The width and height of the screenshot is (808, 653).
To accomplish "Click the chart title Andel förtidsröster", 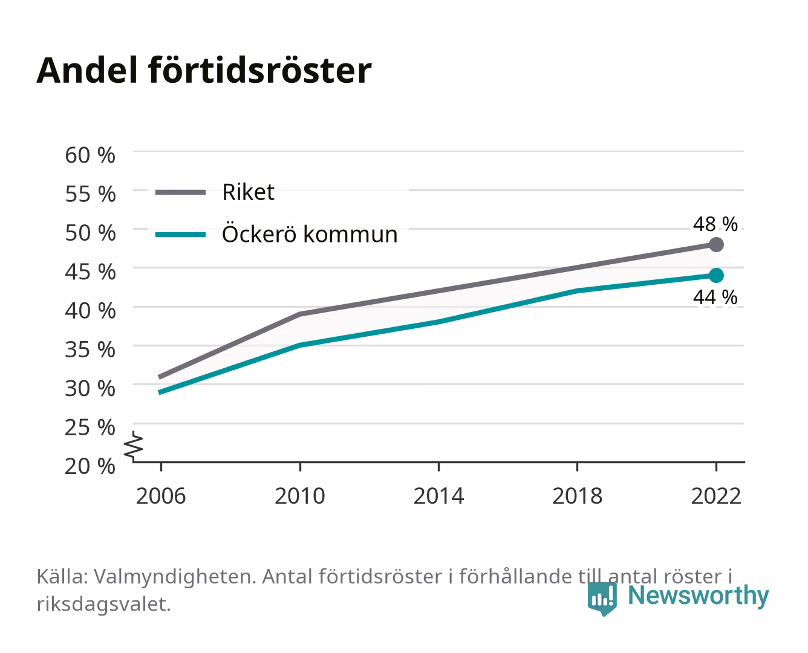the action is [204, 71].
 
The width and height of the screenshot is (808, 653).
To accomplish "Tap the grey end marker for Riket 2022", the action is [716, 245].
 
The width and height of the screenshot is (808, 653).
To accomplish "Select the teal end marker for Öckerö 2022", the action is [716, 275].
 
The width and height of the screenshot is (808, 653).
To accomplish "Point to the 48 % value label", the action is [715, 224].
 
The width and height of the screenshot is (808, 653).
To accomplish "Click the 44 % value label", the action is [715, 297].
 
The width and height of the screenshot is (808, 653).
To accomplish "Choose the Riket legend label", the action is [248, 192].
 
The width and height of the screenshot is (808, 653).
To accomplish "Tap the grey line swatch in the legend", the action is [181, 192].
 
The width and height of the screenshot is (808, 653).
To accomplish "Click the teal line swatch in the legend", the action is [181, 235].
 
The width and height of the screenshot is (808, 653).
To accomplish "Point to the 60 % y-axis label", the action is [90, 155].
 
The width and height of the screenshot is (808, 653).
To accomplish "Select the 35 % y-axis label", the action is [90, 349].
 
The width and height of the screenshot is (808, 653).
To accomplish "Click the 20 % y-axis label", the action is [90, 466].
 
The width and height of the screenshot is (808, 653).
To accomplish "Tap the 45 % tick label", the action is [90, 272].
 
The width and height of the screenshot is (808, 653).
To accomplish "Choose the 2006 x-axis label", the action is [161, 496].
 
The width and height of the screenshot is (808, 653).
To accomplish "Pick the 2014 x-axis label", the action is [438, 496].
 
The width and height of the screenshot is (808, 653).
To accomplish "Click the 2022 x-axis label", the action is [716, 496].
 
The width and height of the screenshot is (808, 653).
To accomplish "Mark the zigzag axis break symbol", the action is [134, 446].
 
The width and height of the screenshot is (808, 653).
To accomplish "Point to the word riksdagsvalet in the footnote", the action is [103, 604].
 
